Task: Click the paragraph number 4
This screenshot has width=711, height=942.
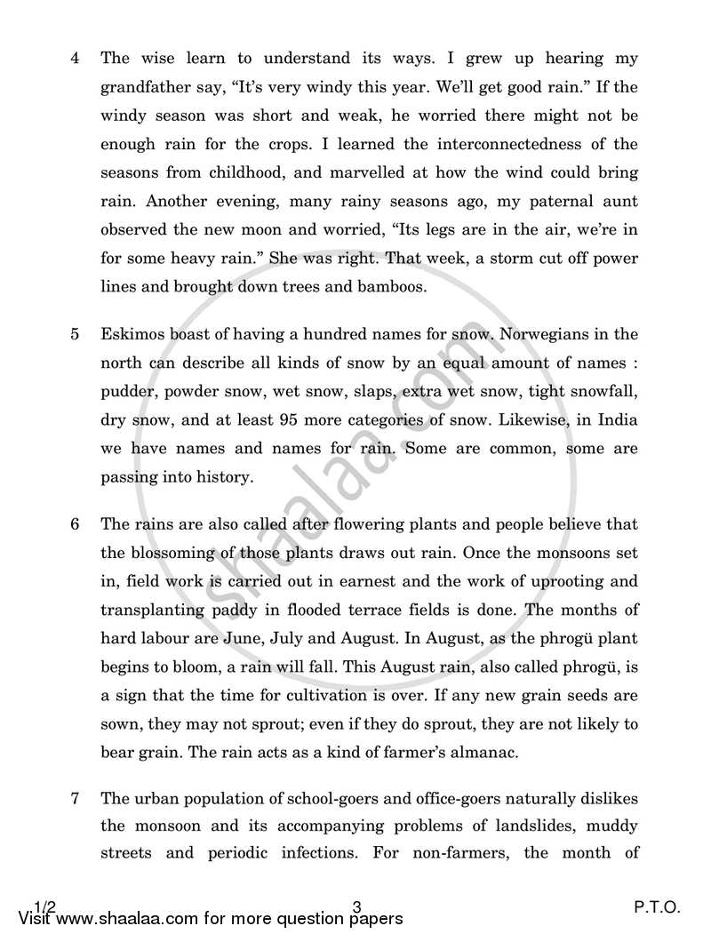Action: tap(76, 59)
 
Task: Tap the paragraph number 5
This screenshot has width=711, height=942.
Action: tap(76, 334)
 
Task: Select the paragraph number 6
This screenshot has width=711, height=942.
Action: tap(76, 524)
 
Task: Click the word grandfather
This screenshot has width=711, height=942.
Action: tap(146, 87)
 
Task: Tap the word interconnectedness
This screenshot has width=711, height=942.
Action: tap(478, 144)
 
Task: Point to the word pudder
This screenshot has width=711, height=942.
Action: tap(128, 391)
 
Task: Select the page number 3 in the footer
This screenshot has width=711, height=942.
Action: tap(355, 908)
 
